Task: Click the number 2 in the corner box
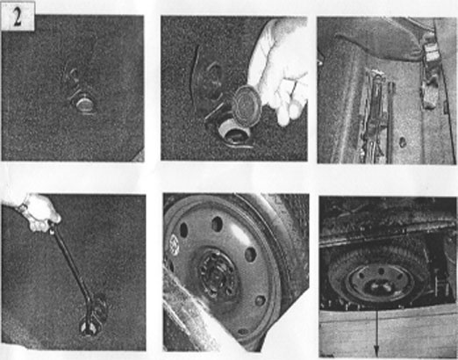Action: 18,17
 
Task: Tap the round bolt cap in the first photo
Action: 83,104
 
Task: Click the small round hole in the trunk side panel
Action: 403,142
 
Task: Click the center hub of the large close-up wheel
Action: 217,274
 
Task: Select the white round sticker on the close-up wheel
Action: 175,243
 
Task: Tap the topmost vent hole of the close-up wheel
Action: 218,224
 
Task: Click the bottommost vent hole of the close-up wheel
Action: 243,332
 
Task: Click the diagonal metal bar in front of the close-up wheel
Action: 190,310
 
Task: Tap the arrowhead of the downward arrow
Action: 376,350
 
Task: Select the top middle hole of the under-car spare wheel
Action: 381,271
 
